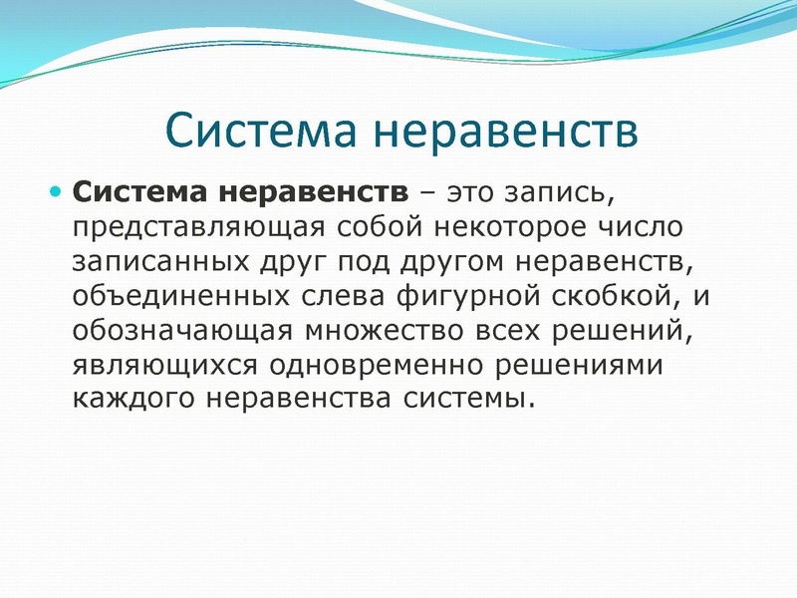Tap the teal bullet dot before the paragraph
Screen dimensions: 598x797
(56, 189)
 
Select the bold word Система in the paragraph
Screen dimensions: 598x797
(139, 190)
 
